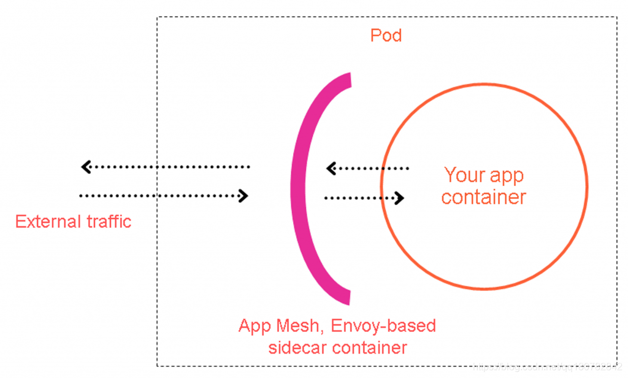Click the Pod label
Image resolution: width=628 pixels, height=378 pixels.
coord(386,35)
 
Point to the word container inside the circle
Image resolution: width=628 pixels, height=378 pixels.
coord(484,197)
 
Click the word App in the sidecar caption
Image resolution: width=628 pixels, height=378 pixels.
coord(255,326)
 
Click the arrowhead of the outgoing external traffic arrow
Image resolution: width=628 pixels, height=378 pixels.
coord(86,167)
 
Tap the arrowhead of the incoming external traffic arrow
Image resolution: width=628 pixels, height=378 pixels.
coord(243,196)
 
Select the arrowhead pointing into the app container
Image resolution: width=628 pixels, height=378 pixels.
coord(399,198)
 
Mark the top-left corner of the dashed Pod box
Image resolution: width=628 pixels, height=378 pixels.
coord(158,17)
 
